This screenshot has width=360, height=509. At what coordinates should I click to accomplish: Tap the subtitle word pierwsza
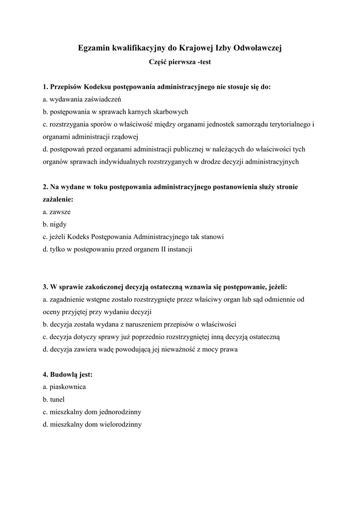[x=180, y=62]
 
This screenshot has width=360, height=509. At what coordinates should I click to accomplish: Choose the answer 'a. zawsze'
[x=57, y=212]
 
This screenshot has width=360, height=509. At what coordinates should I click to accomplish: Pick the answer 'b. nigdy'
[x=55, y=224]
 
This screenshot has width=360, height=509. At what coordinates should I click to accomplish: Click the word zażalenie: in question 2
[x=58, y=199]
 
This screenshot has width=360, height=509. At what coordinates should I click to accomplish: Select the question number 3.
[x=45, y=287]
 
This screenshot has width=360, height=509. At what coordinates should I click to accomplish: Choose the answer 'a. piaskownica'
[x=65, y=387]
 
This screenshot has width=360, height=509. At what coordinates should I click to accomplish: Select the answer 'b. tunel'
[x=54, y=399]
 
